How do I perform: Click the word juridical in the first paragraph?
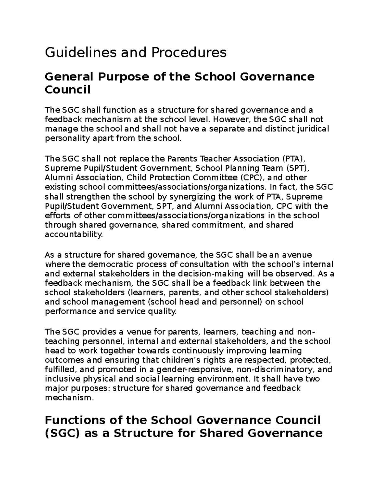[x=312, y=129]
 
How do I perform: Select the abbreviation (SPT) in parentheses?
[x=296, y=168]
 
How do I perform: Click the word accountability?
[x=74, y=234]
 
